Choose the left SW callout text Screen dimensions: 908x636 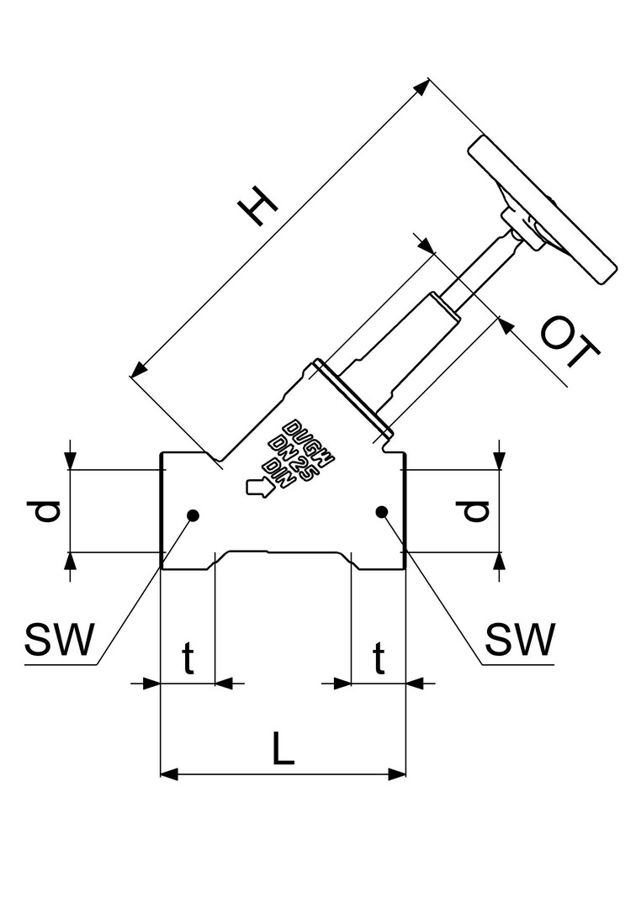pos(59,641)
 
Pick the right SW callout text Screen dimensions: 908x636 pos(521,641)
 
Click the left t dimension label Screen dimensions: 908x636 pos(188,661)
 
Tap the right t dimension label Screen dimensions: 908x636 pos(379,661)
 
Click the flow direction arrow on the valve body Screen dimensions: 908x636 pos(257,488)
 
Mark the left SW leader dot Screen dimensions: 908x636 pos(193,515)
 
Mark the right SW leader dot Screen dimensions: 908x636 pos(381,511)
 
